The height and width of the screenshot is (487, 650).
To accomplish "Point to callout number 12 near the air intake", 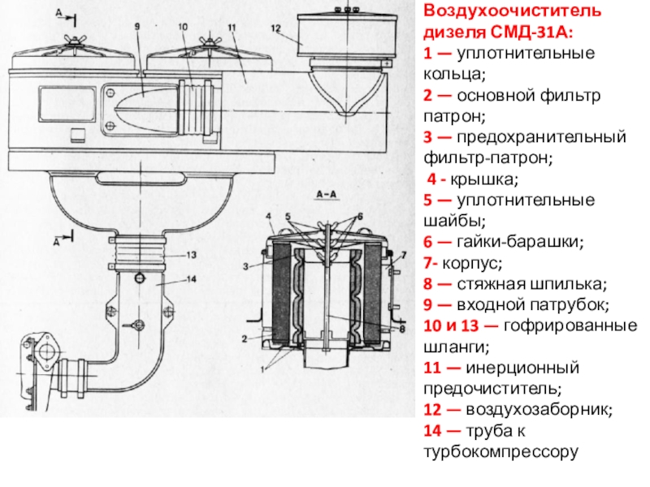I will click(x=276, y=28).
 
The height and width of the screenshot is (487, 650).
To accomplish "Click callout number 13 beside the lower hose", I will click(x=192, y=255).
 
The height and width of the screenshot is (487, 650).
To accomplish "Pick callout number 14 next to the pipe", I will click(x=192, y=279).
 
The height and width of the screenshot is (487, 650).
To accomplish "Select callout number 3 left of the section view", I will click(x=245, y=265).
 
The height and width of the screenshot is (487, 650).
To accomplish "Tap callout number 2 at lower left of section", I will click(x=245, y=336).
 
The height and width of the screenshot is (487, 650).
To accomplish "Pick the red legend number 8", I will click(x=427, y=284).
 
